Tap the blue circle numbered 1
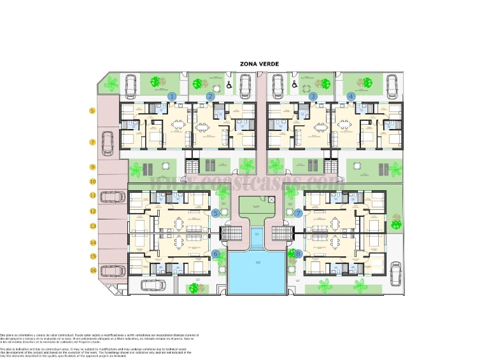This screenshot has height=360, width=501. point(172,96)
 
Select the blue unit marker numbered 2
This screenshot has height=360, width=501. point(210,96)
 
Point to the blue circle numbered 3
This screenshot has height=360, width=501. point(313,96)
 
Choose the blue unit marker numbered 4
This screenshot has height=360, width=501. point(351,96)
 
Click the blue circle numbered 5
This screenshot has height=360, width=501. point(216,213)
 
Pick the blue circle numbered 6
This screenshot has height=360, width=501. point(216,254)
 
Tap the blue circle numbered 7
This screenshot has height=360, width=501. point(298,213)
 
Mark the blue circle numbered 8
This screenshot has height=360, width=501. point(298,254)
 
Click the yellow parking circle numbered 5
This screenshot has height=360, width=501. point(92,111)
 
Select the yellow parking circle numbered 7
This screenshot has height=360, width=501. point(92,142)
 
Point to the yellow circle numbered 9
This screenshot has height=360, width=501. point(92,167)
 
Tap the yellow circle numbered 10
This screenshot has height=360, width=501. point(92,181)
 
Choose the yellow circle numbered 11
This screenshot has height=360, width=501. point(92,195)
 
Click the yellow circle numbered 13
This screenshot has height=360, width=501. point(92,226)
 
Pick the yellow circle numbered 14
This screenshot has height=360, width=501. point(92,242)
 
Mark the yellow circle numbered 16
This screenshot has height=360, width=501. point(92,270)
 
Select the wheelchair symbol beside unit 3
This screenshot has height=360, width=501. point(294,83)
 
